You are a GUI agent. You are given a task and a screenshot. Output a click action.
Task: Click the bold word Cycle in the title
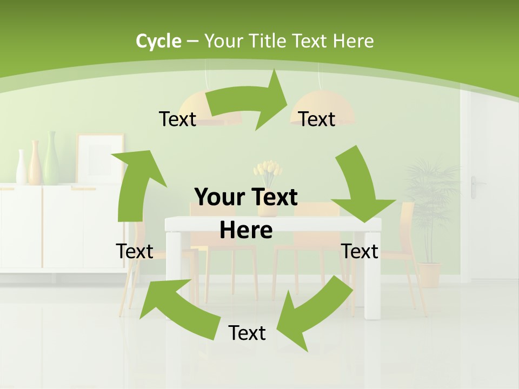click(158, 41)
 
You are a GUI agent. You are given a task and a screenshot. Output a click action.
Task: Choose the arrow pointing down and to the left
click(313, 313)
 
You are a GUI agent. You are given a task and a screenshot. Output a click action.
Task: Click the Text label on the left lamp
click(177, 119)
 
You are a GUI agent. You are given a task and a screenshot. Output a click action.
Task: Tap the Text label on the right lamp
click(317, 119)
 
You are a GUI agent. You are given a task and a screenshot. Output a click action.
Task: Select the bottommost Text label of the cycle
click(247, 333)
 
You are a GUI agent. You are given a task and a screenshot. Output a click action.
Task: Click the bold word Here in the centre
click(246, 230)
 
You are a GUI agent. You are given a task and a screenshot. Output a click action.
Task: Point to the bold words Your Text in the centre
click(246, 197)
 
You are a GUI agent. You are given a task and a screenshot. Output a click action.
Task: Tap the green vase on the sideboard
click(51, 159)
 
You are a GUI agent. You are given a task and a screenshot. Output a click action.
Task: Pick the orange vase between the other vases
click(34, 163)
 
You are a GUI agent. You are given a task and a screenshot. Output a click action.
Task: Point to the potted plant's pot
click(430, 274)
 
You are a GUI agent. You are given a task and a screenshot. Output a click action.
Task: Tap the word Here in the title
click(353, 41)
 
